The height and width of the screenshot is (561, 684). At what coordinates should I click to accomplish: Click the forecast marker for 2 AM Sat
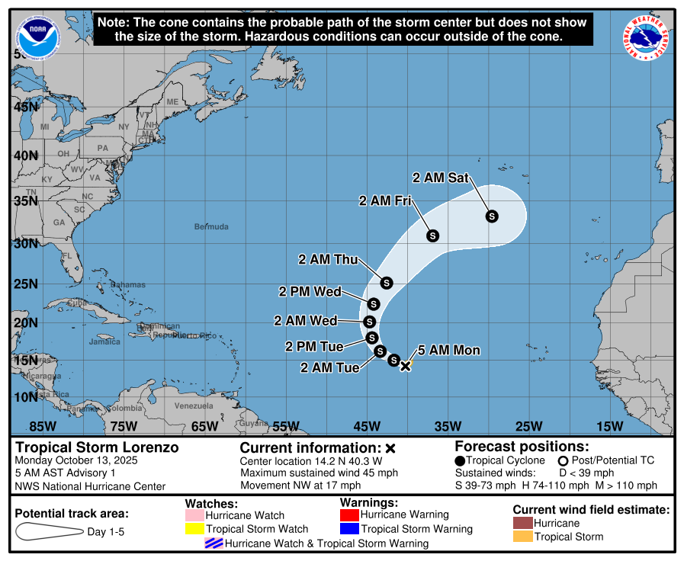pos(492,216)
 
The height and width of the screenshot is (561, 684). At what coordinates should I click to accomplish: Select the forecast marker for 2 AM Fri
pos(432,236)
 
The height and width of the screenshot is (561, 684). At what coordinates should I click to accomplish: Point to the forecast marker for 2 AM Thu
pos(386,283)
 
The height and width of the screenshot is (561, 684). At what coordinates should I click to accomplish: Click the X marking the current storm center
pos(406,366)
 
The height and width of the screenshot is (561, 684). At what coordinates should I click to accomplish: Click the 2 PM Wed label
pos(310,291)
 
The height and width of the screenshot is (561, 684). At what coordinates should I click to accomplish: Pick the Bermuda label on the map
pos(211,226)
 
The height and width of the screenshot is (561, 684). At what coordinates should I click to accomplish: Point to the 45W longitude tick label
pos(366,425)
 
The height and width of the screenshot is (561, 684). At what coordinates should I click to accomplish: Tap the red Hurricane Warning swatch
pos(348,515)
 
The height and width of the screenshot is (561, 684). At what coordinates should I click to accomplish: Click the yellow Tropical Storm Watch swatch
pos(194,528)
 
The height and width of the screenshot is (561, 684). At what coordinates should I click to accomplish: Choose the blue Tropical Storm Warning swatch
pos(348,528)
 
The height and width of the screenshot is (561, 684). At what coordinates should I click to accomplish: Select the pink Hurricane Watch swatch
pos(194,515)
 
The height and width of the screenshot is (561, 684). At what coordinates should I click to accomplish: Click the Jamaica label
pos(104,341)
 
